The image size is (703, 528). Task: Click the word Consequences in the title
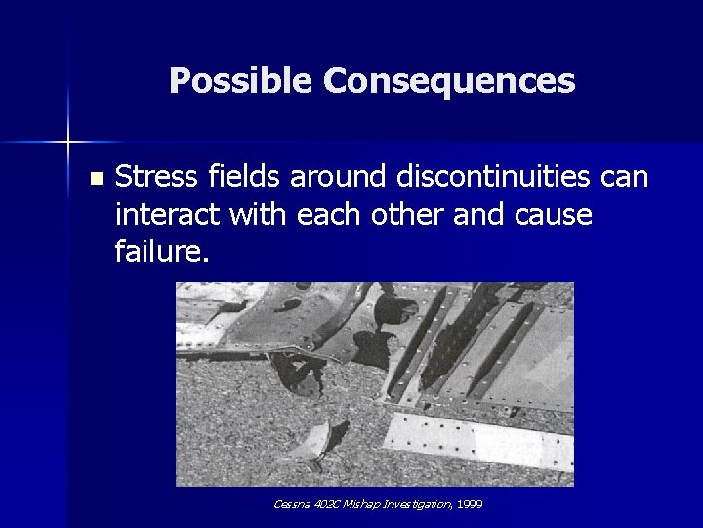449,81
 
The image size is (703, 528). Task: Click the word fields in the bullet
236,177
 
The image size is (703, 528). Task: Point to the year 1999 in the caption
470,505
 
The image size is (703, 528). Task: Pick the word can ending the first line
622,177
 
